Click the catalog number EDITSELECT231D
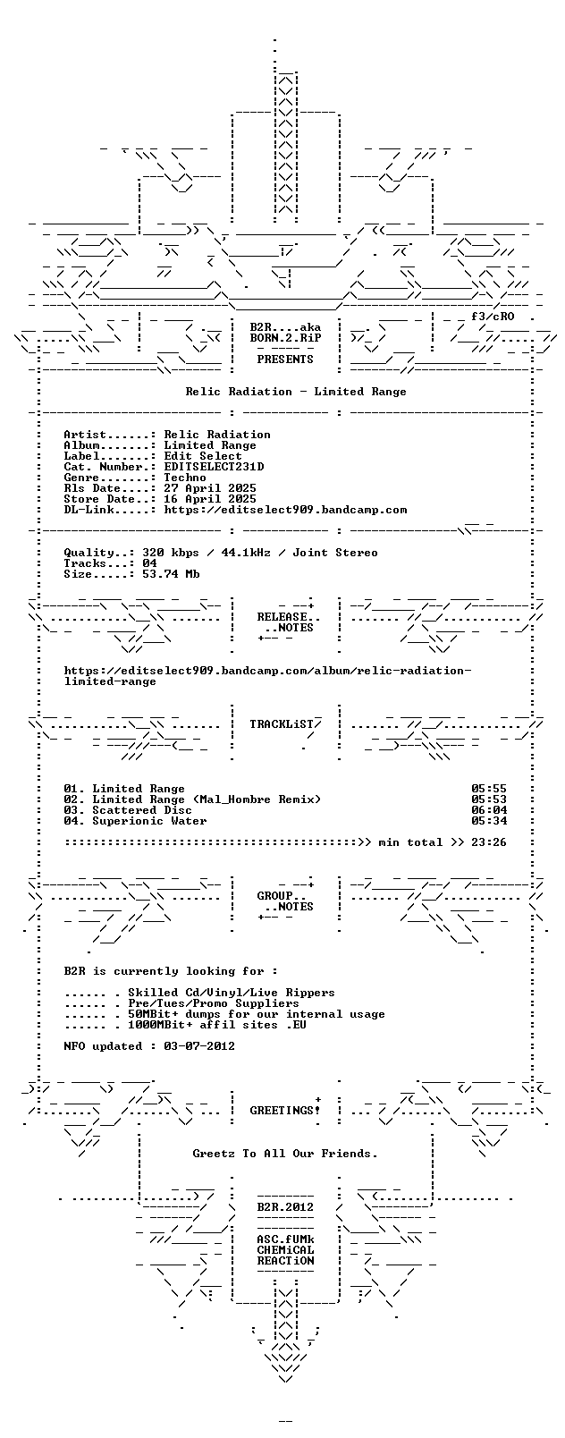point(214,467)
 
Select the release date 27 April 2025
point(210,488)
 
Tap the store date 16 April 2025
point(210,499)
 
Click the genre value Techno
point(185,478)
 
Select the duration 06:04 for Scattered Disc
point(489,810)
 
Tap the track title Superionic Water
point(149,821)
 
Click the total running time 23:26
point(489,842)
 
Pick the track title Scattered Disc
point(142,810)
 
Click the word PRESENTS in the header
point(285,359)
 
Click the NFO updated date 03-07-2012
point(199,1045)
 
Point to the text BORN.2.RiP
point(285,338)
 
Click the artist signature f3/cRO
point(493,317)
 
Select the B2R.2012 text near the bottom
point(285,1207)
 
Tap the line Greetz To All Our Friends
point(285,1153)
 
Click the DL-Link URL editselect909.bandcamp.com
point(285,510)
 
